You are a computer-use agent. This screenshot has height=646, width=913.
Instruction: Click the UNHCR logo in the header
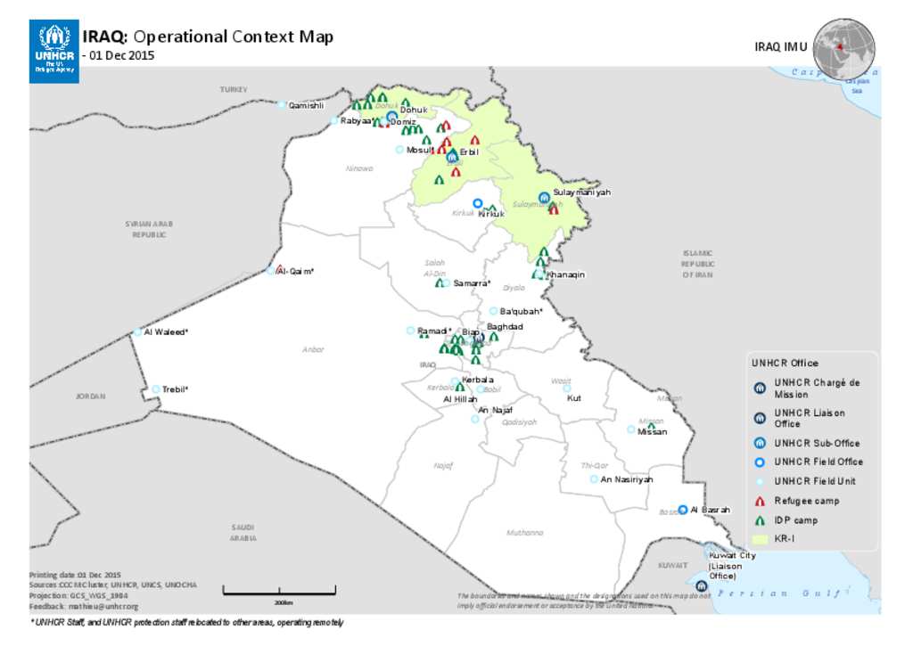tap(53, 52)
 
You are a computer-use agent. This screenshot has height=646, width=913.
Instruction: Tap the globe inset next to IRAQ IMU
tap(843, 48)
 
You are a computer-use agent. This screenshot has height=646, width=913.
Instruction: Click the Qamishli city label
tap(306, 106)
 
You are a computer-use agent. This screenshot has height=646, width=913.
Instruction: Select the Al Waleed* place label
tap(166, 332)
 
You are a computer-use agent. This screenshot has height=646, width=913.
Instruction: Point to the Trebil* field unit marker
tap(156, 389)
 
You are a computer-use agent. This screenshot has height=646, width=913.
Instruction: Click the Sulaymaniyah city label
tap(581, 192)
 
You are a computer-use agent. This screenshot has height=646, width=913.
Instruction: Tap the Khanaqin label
tap(566, 274)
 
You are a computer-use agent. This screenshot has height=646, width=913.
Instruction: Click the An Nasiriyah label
tap(627, 479)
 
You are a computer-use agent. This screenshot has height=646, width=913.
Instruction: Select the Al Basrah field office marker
tap(683, 510)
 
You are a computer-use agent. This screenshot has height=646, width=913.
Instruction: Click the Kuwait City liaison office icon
tap(702, 585)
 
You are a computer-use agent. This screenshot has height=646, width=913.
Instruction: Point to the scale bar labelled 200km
tap(278, 589)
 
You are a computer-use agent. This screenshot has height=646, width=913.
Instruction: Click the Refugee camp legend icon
tap(760, 502)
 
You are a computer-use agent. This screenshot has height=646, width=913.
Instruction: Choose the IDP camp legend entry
tap(795, 520)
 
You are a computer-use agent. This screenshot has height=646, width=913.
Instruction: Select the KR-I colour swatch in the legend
tap(760, 539)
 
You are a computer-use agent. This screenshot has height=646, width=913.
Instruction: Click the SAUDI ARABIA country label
tap(243, 532)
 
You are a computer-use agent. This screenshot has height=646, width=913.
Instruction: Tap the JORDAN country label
tap(90, 396)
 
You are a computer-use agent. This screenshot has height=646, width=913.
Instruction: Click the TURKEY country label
tap(234, 90)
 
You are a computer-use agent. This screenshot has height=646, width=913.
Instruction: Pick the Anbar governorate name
tap(313, 350)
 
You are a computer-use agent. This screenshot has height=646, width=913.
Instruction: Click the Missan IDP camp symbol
tap(652, 426)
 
